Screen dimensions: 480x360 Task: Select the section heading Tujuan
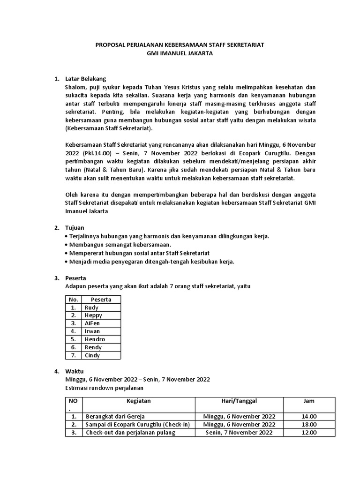tap(75, 227)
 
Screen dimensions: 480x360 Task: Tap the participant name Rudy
tap(91, 307)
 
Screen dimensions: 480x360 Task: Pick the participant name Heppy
tap(93, 315)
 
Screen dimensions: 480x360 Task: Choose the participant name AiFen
tap(92, 323)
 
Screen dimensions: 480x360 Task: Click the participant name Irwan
tap(92, 331)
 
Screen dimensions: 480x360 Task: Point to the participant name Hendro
tap(95, 339)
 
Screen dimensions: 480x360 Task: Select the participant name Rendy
tap(93, 347)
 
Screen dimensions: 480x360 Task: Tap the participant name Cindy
tap(92, 355)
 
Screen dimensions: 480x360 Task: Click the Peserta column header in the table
tap(101, 299)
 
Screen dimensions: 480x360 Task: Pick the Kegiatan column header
tap(138, 401)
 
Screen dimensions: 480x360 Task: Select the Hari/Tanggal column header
tap(239, 401)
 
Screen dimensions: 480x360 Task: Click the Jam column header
tap(309, 401)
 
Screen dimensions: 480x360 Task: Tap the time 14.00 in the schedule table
tap(309, 416)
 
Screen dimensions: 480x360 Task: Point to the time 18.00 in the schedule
tap(309, 424)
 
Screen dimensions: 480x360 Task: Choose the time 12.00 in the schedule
tap(309, 432)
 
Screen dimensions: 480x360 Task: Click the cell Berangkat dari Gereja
tap(115, 416)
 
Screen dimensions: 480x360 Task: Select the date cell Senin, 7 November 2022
tap(239, 432)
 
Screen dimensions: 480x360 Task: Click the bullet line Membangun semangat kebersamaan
tap(120, 245)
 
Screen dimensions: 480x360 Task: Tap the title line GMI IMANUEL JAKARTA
tap(180, 53)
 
